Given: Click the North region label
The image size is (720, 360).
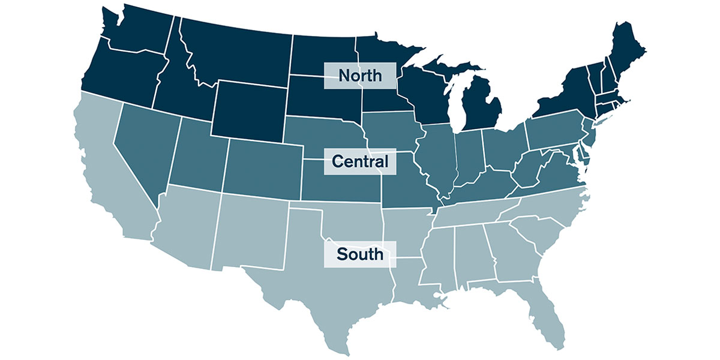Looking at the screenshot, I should coord(360,76).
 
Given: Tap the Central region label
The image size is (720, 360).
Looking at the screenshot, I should coord(360,161).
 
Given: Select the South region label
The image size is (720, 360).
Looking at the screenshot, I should coord(360,254).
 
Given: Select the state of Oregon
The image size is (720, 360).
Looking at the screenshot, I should coord(120,72).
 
